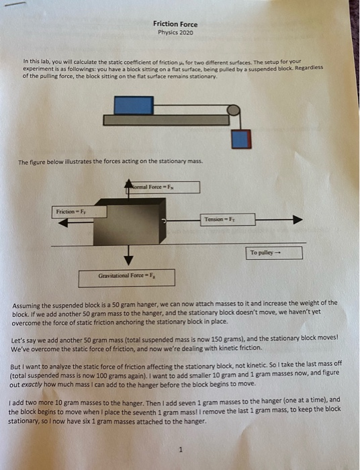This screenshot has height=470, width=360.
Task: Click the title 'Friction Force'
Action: pos(175,24)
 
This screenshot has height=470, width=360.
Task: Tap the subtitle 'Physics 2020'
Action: pos(176,32)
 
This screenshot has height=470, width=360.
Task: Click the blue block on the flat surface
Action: pos(134,105)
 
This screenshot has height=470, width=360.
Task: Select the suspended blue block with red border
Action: pos(241,139)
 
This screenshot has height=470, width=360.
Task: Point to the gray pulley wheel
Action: pos(234,110)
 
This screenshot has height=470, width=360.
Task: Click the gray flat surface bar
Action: pos(166,120)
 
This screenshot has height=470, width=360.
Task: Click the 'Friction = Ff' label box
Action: pos(79,212)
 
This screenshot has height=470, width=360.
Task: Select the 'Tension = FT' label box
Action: pos(228,220)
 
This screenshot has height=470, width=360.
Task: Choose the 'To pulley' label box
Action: pos(274,252)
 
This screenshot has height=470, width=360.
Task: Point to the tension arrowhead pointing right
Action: pos(298,220)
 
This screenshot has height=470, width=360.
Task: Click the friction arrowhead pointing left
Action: pos(63,223)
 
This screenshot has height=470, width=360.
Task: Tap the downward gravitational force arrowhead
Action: pos(128,261)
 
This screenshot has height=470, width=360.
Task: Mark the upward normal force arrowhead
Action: pos(128,183)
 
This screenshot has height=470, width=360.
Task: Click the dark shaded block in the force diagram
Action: pos(130,222)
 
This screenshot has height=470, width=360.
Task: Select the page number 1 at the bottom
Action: pos(180,449)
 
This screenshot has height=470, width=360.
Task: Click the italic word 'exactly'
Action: pos(32,385)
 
